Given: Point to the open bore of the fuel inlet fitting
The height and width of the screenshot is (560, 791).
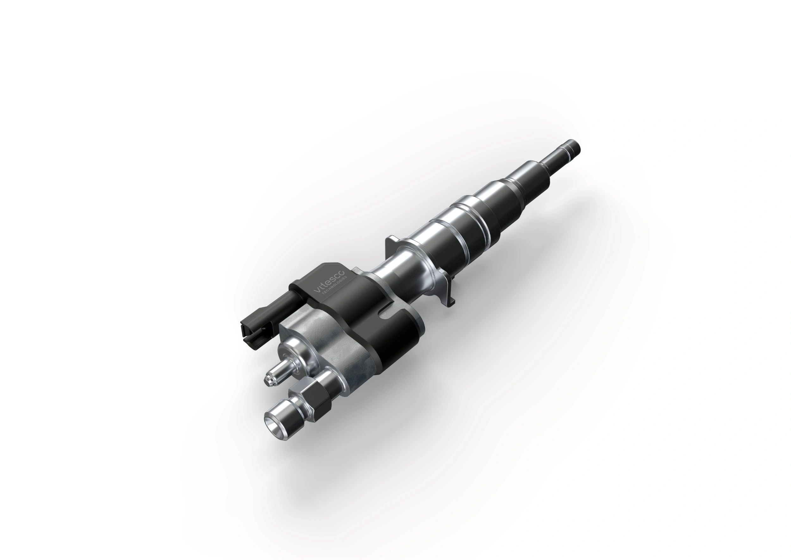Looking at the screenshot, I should (x=271, y=425).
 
